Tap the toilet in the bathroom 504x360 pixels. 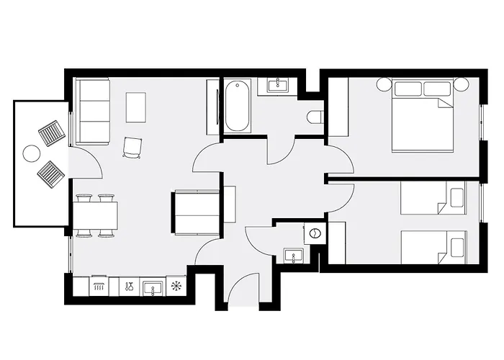315,117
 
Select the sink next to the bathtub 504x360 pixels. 277,85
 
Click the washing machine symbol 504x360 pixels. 314,233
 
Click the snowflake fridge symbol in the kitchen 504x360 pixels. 176,287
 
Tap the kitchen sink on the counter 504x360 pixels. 152,287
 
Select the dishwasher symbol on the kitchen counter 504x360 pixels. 99,287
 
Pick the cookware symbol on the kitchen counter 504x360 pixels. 127,287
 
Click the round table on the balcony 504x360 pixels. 32,153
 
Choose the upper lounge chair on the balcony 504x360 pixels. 52,132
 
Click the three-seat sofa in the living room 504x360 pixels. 93,111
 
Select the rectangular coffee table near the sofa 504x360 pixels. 136,107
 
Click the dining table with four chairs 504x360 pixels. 95,215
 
